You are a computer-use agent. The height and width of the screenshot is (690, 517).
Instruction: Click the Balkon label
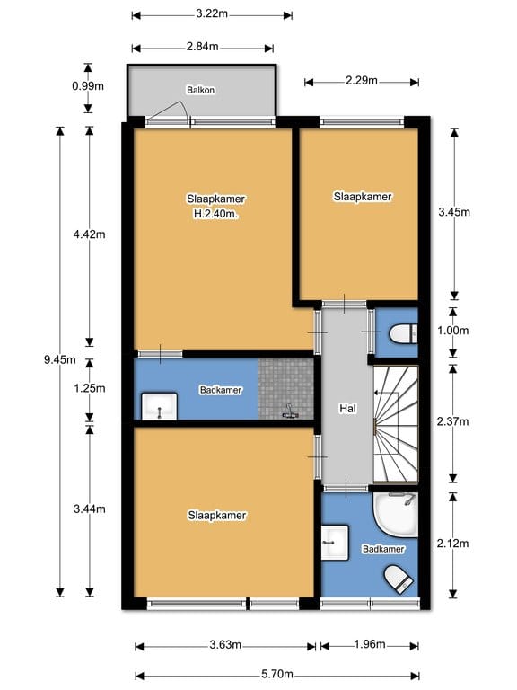click(x=200, y=90)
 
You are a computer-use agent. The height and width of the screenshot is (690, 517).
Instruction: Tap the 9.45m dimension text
click(x=59, y=359)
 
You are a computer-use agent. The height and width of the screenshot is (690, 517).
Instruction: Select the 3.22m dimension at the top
click(x=212, y=13)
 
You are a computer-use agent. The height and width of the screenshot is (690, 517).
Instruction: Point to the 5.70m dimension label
click(x=277, y=674)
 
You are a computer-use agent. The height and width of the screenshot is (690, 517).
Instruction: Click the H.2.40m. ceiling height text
click(x=215, y=215)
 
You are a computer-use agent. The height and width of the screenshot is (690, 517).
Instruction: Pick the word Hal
click(x=347, y=409)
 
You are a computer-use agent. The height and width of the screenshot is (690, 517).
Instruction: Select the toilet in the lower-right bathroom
click(x=399, y=579)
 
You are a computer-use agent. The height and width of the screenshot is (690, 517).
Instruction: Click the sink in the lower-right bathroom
click(x=335, y=542)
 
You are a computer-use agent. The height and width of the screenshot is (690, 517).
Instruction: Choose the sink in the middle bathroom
click(x=159, y=407)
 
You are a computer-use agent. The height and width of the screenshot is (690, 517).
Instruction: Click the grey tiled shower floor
click(x=285, y=389)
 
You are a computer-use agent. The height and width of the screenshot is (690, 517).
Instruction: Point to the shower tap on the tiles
click(x=289, y=411)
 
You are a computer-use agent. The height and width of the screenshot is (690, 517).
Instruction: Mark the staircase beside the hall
click(x=395, y=424)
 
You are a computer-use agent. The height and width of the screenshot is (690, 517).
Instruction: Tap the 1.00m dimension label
click(x=452, y=331)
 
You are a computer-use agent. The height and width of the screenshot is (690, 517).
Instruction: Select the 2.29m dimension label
click(x=362, y=81)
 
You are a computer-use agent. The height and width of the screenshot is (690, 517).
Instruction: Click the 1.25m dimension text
click(x=89, y=388)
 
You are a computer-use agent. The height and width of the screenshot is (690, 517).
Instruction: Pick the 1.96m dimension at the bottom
click(x=370, y=644)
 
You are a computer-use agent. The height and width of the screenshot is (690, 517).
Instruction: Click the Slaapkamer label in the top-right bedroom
click(x=363, y=197)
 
